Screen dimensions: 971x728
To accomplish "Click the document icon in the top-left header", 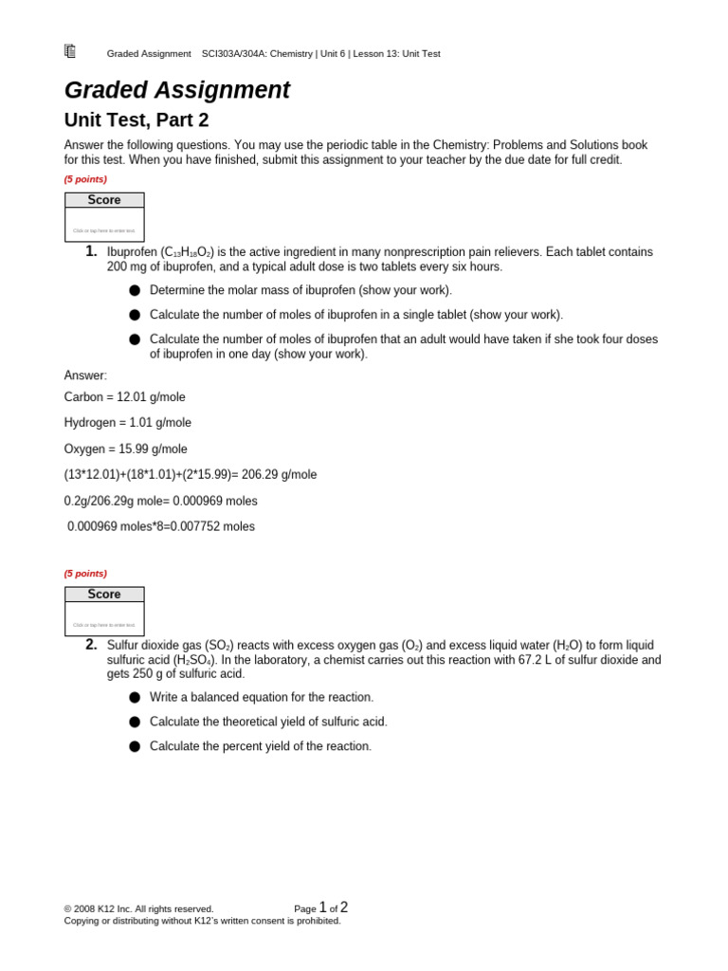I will click(70, 51).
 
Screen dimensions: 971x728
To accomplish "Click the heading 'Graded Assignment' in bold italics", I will click(176, 90).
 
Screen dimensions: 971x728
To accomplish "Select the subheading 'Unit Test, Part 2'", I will click(136, 120).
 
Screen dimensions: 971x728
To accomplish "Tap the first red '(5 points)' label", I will click(85, 179).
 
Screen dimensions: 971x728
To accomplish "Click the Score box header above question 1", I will click(104, 200).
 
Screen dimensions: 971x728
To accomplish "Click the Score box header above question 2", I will click(104, 595).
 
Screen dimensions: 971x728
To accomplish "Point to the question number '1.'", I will click(91, 251).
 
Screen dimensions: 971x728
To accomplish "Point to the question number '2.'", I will click(91, 645).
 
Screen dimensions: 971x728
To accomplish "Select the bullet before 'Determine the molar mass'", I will click(135, 290).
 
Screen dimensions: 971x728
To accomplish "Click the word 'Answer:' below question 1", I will click(85, 376).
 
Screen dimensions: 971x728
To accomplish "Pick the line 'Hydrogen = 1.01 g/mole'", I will click(127, 423).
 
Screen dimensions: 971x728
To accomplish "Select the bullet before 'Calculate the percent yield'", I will click(135, 746).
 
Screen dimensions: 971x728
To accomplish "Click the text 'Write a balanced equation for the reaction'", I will click(262, 698).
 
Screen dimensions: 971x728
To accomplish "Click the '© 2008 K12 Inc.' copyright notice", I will click(138, 909).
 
